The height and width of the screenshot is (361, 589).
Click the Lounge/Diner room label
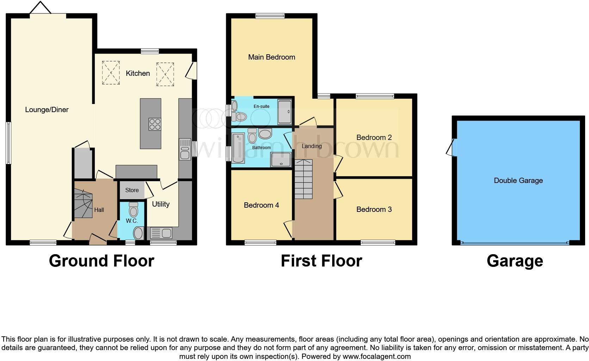pos(47,110)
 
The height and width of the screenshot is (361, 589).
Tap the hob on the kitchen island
pos(155,124)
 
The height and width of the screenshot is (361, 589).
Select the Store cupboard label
pos(132,190)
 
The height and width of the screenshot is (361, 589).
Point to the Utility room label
pos(161,204)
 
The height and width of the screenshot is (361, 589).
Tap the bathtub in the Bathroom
pos(238,148)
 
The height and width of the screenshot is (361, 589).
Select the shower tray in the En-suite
pos(285,112)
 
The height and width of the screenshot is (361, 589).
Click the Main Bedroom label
pos(272,57)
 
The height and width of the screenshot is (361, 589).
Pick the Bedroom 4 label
pos(261,205)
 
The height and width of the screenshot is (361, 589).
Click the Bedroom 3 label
pos(374,209)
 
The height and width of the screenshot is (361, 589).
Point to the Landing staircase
pos(303,179)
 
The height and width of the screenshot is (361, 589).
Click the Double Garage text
pos(518,180)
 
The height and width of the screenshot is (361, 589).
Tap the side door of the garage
pos(451,147)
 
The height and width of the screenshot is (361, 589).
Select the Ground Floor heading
pos(101,261)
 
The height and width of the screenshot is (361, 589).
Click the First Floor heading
pos(321,261)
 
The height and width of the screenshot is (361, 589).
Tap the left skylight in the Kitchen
pos(111,73)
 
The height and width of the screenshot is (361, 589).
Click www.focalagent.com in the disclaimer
pos(376,356)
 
